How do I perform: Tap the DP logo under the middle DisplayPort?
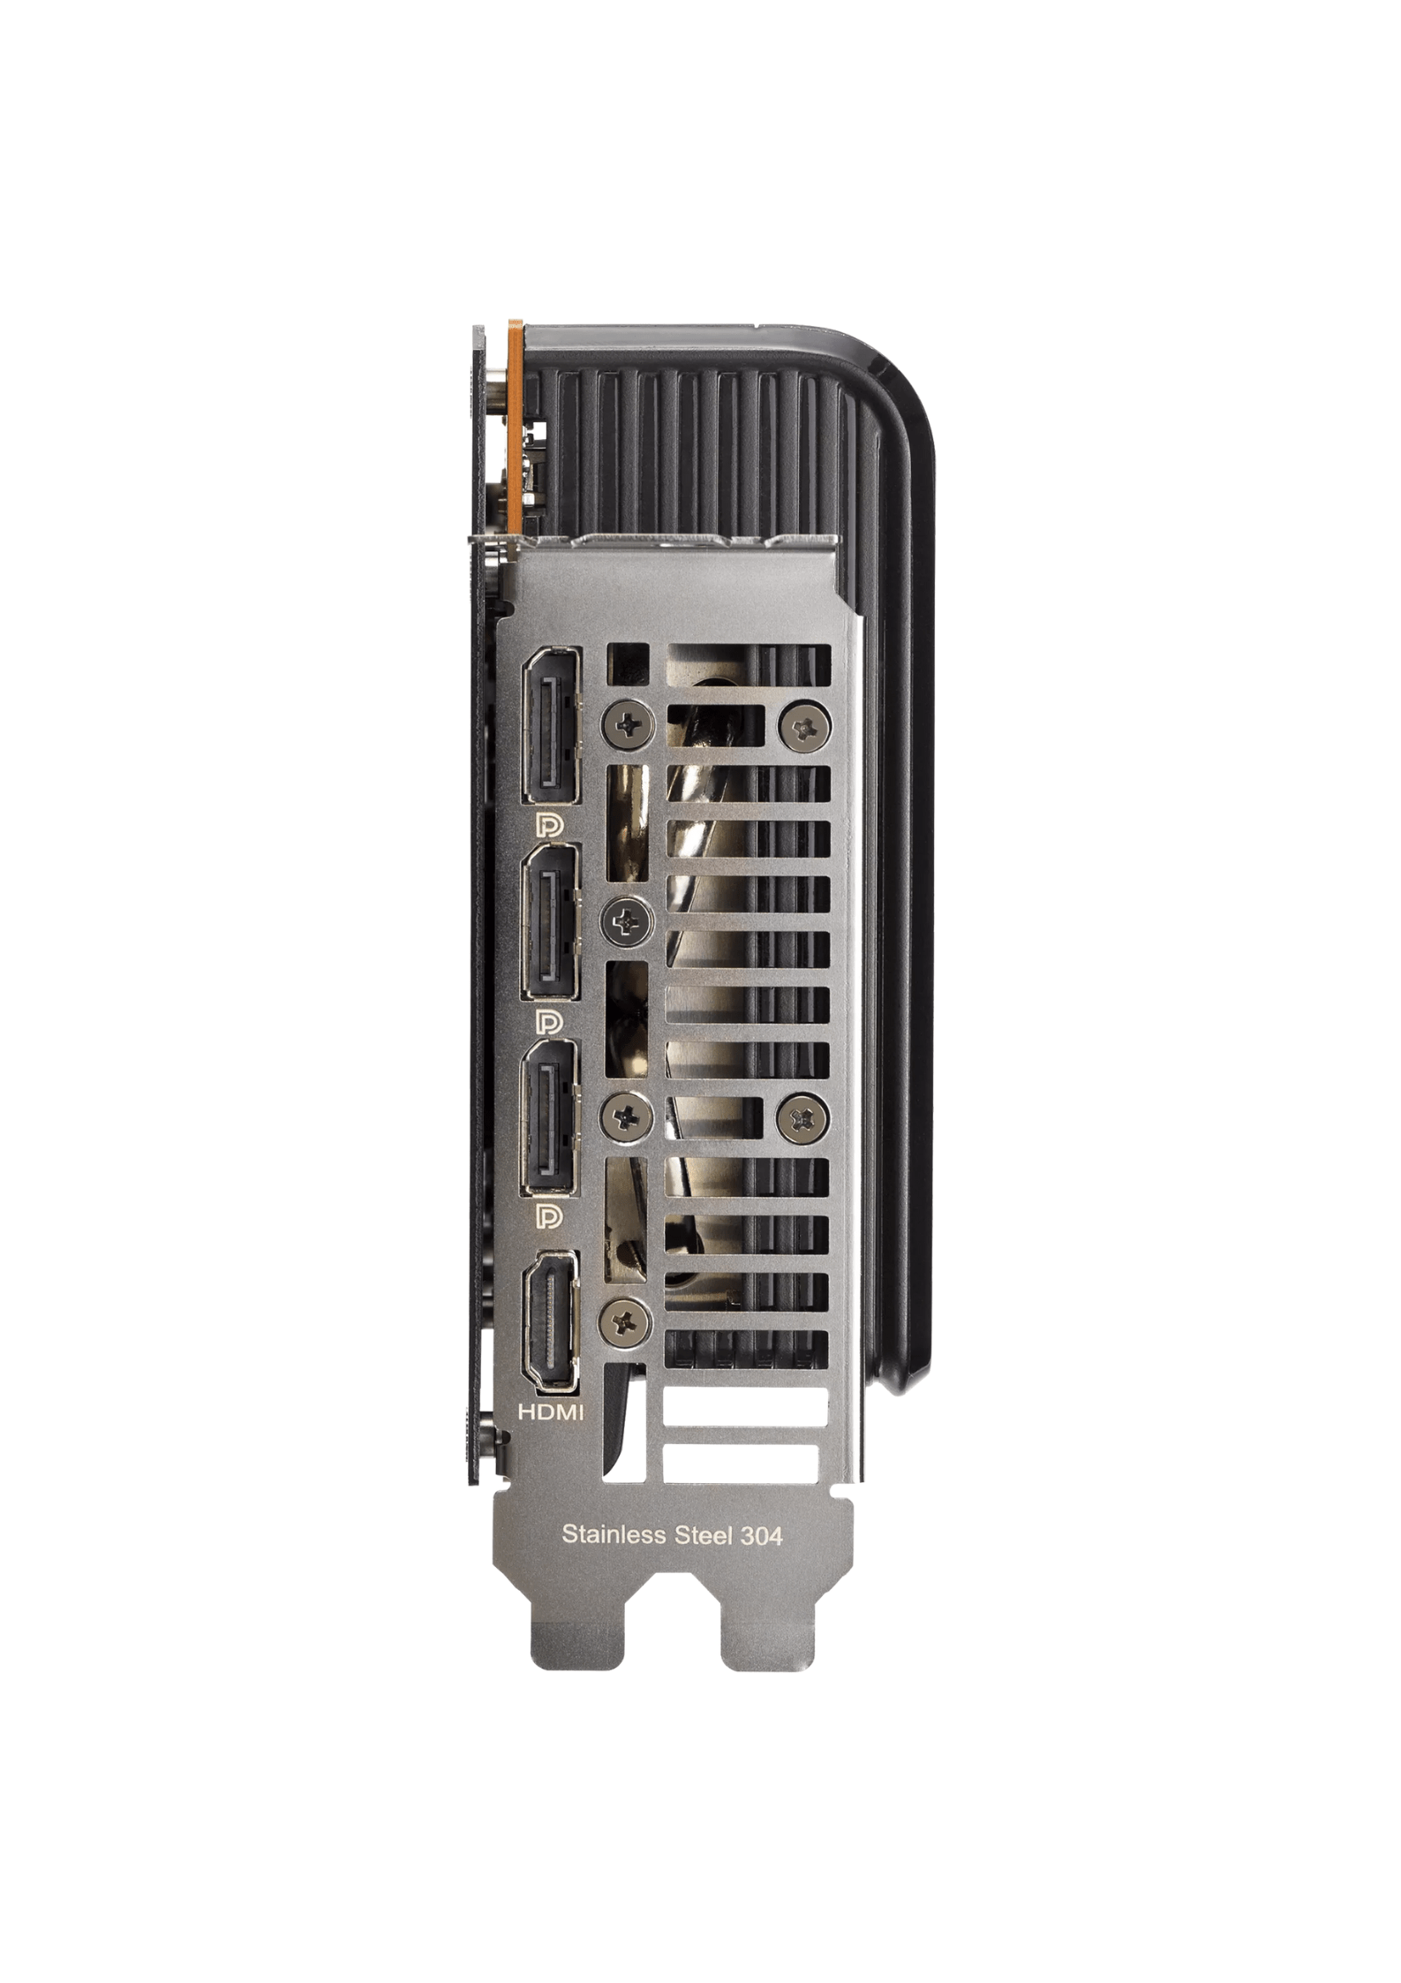[549, 1021]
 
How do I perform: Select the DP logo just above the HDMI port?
[549, 1218]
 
